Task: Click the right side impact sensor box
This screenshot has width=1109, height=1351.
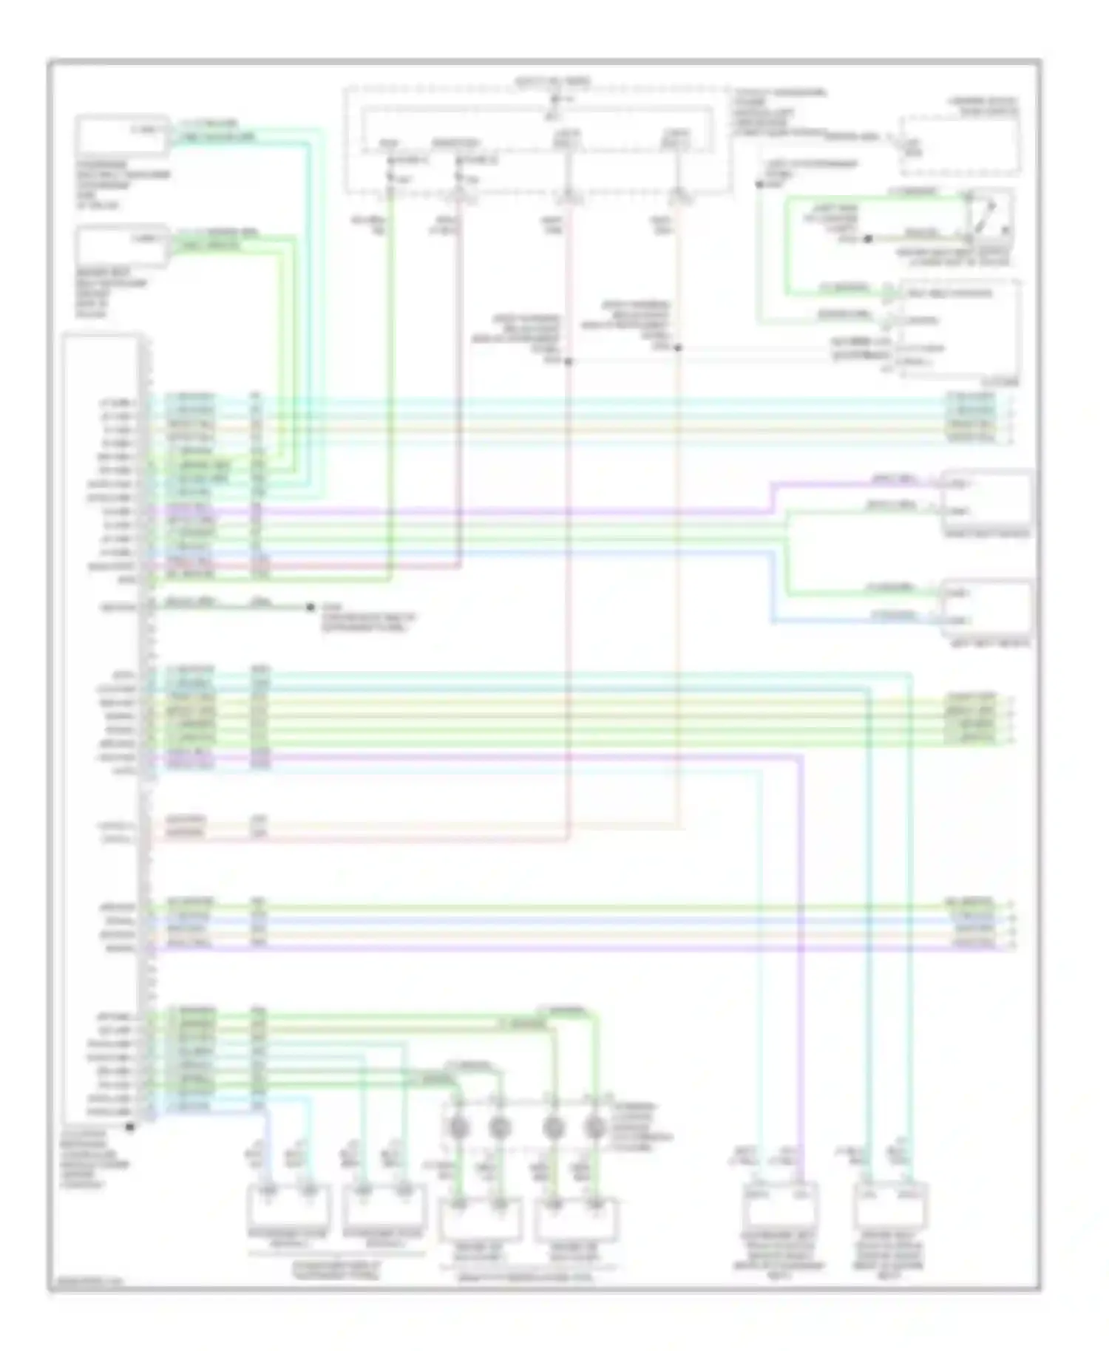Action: click(986, 499)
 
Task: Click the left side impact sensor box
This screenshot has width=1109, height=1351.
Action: click(986, 608)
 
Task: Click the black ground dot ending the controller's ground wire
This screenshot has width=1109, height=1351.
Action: click(311, 608)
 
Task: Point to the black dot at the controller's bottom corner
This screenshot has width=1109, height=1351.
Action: click(130, 1126)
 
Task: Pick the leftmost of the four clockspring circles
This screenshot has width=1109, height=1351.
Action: click(458, 1128)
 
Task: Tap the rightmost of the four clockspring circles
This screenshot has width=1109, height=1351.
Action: click(594, 1128)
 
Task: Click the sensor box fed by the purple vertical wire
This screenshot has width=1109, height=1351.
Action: click(781, 1204)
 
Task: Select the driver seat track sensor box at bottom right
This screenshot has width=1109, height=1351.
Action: click(890, 1204)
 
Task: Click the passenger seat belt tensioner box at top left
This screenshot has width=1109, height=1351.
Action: click(121, 135)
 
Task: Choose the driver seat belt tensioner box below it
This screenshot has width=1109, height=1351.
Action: click(121, 247)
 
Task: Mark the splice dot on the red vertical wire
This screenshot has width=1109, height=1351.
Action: click(569, 362)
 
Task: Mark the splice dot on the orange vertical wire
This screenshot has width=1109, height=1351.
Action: click(677, 347)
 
